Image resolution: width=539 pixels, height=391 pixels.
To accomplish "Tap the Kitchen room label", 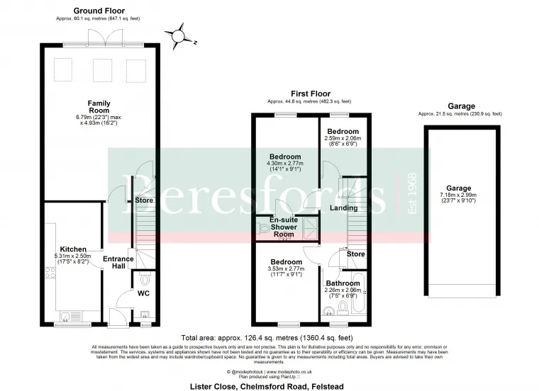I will point(74,249).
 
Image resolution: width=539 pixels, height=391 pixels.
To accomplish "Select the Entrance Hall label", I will point(118,263).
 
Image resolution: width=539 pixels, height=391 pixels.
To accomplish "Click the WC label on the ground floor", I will point(143,293).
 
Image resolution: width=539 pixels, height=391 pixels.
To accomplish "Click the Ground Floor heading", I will point(99,11).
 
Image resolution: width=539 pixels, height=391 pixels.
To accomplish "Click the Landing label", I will point(344,208).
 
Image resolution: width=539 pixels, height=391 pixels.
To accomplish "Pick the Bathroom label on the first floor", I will point(342,283).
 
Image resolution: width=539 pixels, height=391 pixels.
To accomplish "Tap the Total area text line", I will point(267,338).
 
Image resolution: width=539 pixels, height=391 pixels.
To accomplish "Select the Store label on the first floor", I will point(355,254).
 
